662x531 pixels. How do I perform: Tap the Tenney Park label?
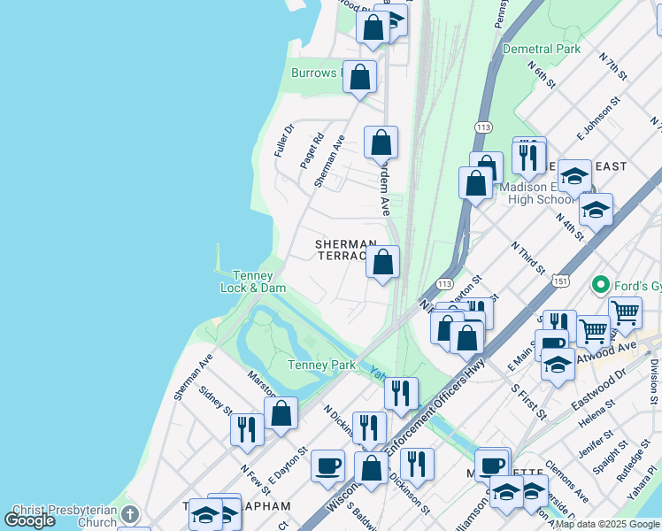[320, 365]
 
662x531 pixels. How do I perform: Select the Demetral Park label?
[541, 49]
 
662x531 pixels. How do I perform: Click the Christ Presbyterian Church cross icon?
[130, 513]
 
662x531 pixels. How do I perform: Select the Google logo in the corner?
[30, 519]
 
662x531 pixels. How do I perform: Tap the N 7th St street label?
[613, 67]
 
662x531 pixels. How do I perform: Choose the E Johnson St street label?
[594, 122]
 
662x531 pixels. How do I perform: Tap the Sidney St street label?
[215, 400]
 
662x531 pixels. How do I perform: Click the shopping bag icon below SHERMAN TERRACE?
[382, 263]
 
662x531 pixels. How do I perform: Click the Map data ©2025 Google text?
[607, 524]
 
